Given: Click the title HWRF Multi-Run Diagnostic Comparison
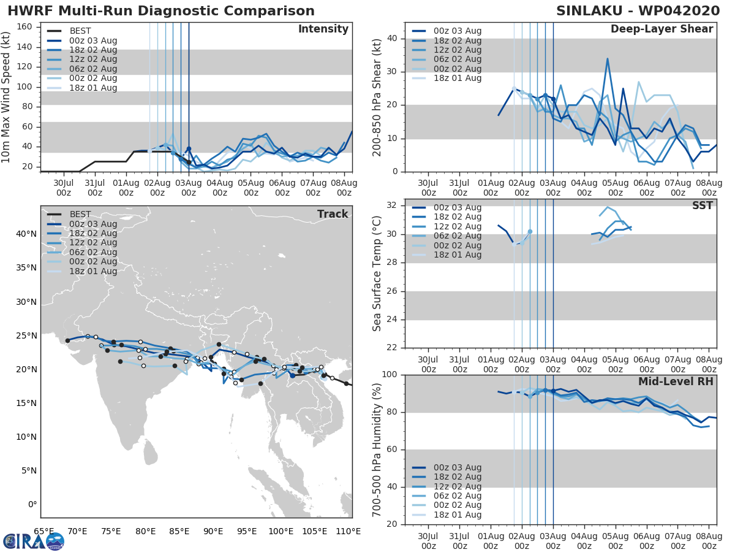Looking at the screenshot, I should [x=161, y=11].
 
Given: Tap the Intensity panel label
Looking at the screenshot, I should [x=323, y=29].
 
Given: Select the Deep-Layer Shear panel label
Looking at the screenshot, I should [x=661, y=29].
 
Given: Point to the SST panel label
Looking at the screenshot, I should [x=703, y=205].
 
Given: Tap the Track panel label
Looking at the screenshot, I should [x=333, y=214].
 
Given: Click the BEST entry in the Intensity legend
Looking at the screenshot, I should [x=80, y=31].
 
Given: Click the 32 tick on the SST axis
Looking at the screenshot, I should [x=394, y=205].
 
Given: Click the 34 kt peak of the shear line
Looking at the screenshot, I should [x=607, y=59].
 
